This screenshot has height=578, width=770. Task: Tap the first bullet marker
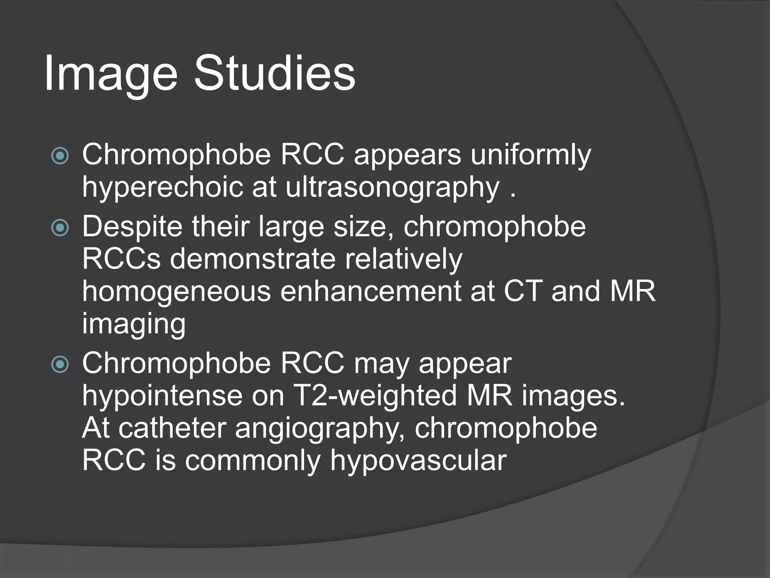point(60,155)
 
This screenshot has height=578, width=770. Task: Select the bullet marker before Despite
point(60,228)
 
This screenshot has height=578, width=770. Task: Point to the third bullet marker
point(60,364)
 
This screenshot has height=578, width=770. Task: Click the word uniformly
point(531,155)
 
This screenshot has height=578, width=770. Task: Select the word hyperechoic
point(162,187)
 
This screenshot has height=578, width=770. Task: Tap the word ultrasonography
point(393,187)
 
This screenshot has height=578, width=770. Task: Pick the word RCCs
point(121,259)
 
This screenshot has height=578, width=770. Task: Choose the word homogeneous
point(176,291)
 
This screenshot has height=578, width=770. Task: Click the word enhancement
point(371,291)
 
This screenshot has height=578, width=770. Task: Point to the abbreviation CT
point(523,291)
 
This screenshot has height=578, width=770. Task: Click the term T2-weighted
point(375,396)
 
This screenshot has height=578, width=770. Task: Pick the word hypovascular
point(418,461)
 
